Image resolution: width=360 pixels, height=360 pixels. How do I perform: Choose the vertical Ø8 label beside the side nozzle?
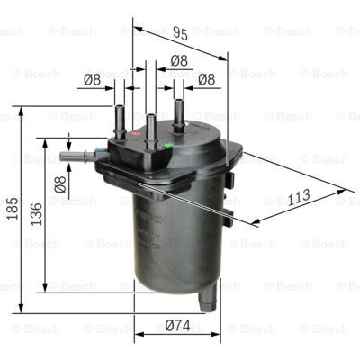click(60, 185)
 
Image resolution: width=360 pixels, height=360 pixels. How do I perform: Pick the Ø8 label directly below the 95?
click(179, 61)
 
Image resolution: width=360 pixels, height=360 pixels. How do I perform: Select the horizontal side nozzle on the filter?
click(76, 157)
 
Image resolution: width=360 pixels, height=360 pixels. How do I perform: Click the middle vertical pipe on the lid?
click(149, 122)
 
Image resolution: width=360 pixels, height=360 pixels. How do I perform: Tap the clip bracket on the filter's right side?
click(230, 184)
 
